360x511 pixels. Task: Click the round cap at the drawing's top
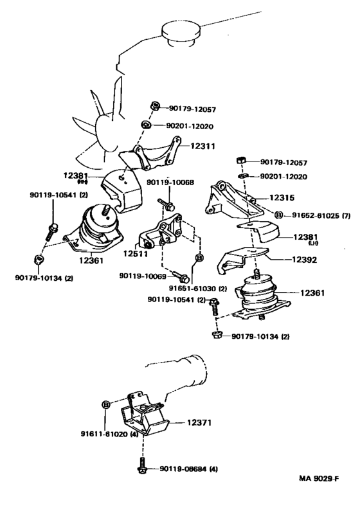179,31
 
